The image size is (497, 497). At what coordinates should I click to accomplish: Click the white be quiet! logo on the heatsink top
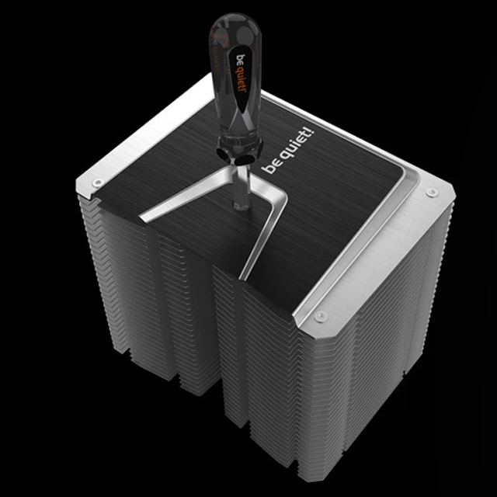point(288,151)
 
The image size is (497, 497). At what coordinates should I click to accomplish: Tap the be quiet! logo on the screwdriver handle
point(242,74)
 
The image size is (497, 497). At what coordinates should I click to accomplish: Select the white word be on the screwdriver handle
point(242,59)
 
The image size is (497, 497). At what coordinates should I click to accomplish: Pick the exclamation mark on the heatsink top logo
point(311,132)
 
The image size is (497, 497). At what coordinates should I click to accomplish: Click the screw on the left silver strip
point(97,182)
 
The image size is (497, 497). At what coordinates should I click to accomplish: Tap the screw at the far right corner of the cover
point(432,192)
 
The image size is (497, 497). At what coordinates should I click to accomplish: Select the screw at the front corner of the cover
point(320,316)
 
